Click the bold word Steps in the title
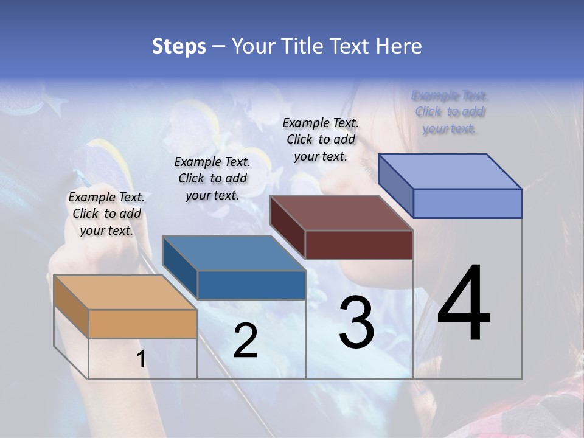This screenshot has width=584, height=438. (x=179, y=46)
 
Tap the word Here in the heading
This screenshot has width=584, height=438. (x=398, y=46)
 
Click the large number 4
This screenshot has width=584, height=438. (x=464, y=304)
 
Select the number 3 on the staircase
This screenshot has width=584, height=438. (x=356, y=322)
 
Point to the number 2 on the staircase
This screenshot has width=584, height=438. (x=245, y=341)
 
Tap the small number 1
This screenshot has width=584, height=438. (x=141, y=360)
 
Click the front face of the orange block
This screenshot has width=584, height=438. (x=142, y=324)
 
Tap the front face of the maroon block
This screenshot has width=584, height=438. (x=359, y=245)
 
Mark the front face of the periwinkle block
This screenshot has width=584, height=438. (x=467, y=203)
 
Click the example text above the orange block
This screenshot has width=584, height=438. (x=106, y=214)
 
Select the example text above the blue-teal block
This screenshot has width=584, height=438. (x=212, y=178)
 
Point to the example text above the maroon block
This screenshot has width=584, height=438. (x=321, y=139)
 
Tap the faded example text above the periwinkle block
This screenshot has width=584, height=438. (x=450, y=112)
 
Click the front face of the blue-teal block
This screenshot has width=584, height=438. (x=251, y=285)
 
